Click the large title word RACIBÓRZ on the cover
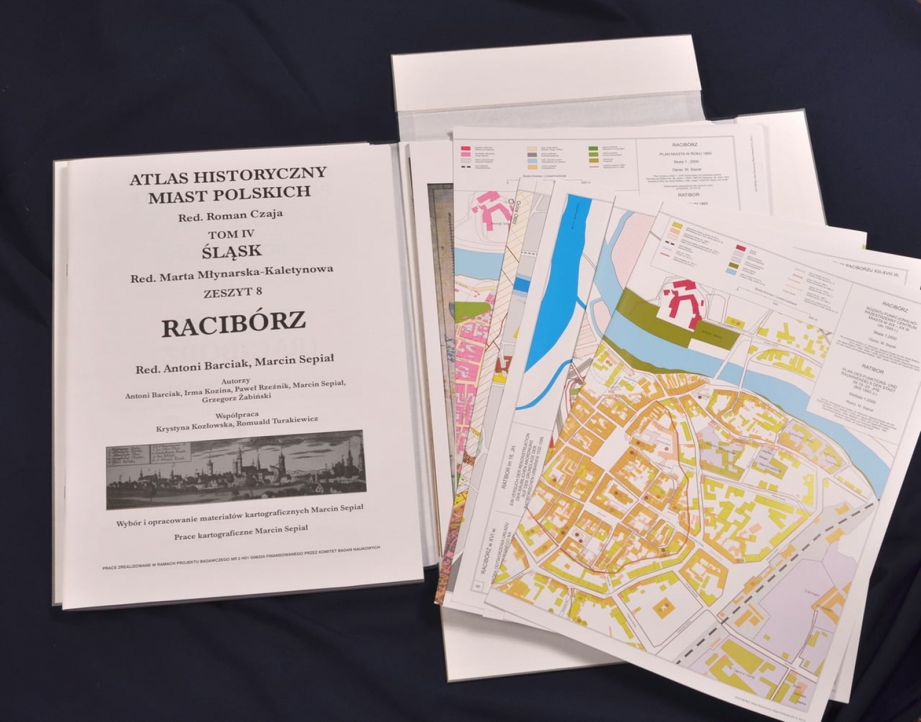(x=233, y=326)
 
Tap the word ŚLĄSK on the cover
(x=232, y=252)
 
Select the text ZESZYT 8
(x=232, y=292)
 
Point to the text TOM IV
(x=231, y=234)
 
